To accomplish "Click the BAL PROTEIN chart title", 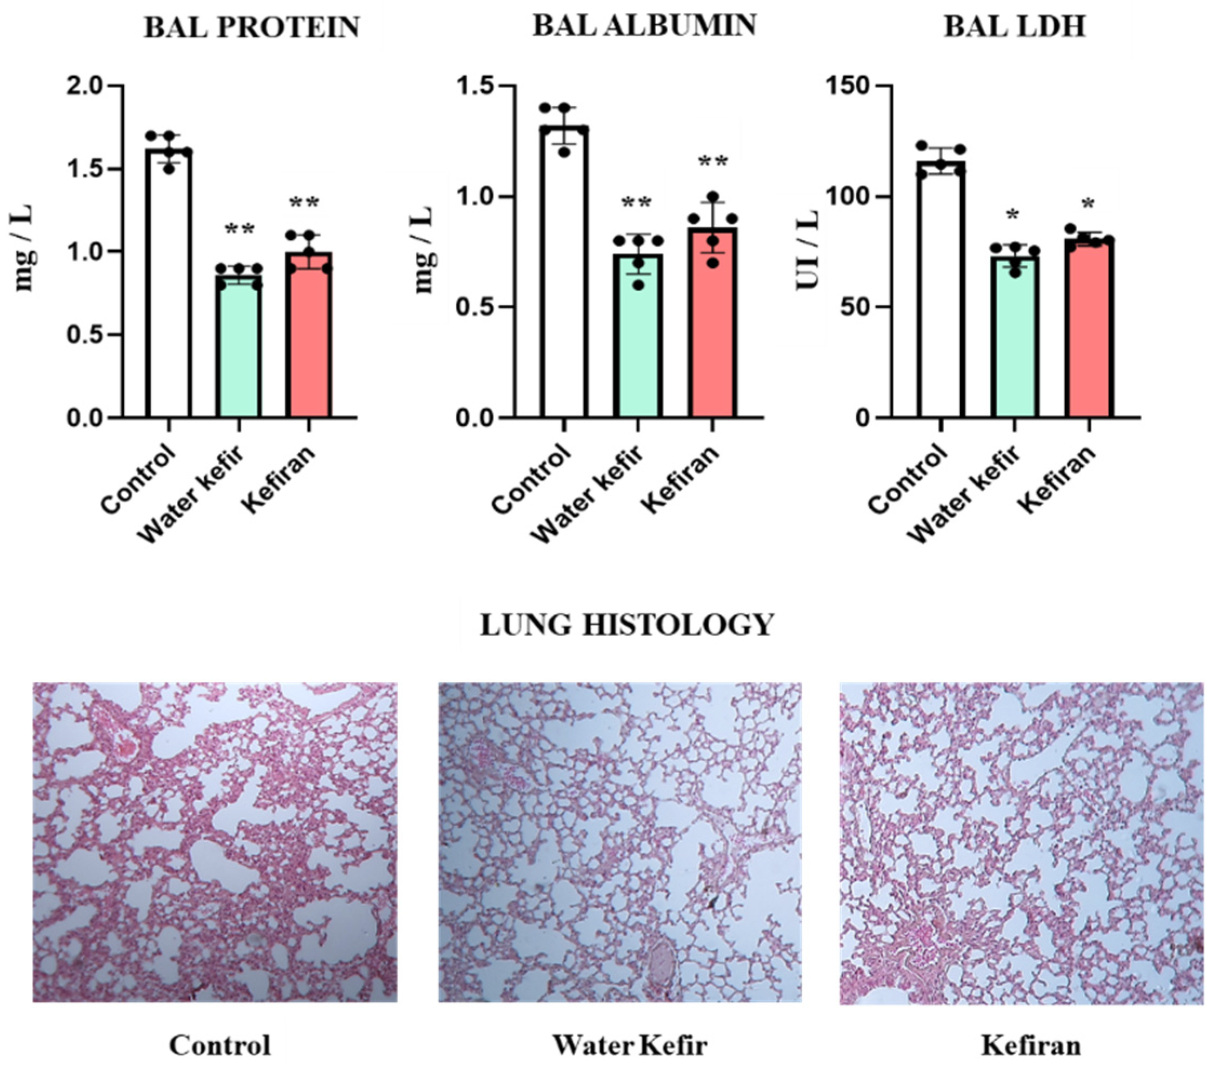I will click(x=252, y=28).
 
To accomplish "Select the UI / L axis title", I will click(x=808, y=249).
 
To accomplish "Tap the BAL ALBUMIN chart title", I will click(x=644, y=25).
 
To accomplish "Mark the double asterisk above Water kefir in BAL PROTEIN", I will click(x=240, y=229).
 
